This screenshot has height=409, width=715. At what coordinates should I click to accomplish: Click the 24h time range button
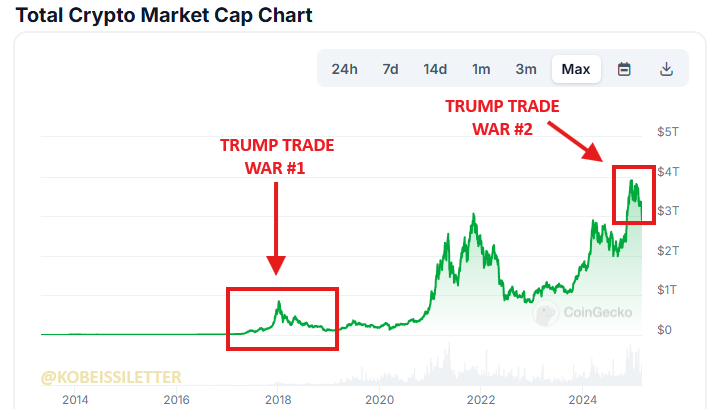tap(344, 69)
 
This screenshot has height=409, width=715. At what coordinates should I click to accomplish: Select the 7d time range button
tap(390, 69)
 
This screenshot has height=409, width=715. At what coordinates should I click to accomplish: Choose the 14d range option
tap(435, 69)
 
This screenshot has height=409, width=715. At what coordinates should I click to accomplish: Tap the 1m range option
tap(481, 69)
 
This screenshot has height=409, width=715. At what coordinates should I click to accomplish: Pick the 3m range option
tap(526, 69)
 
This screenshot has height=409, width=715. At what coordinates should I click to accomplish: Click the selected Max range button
tap(576, 69)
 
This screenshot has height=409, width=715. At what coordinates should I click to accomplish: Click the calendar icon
tap(624, 69)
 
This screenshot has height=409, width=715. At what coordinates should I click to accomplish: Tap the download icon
tap(667, 69)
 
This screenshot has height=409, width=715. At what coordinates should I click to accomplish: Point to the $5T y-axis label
tap(667, 132)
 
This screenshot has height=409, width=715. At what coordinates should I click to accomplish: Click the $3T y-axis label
tap(667, 211)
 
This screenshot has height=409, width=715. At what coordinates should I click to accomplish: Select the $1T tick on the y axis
tap(667, 290)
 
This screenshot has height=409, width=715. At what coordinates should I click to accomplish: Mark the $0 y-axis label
tap(663, 330)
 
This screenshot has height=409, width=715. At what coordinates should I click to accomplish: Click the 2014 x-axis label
tap(74, 400)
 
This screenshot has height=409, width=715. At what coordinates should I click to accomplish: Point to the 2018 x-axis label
tap(277, 400)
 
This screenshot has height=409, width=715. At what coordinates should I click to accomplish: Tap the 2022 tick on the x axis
tap(481, 400)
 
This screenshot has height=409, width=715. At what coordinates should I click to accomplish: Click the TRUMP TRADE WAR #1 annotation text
tap(276, 156)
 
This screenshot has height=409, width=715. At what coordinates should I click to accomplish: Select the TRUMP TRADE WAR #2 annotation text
tap(502, 116)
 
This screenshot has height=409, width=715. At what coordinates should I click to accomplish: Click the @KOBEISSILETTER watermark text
tap(111, 378)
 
